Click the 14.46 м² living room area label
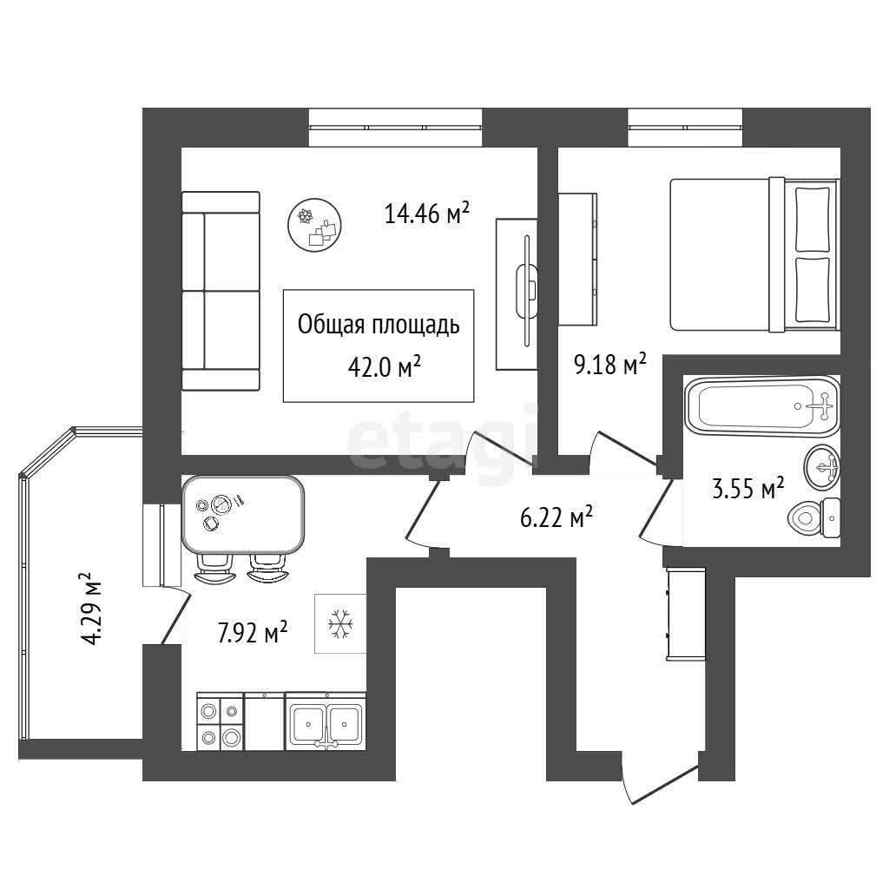pyautogui.click(x=427, y=214)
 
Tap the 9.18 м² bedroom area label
pyautogui.click(x=610, y=364)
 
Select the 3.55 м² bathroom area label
pyautogui.click(x=748, y=488)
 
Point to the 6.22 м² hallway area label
pyautogui.click(x=556, y=517)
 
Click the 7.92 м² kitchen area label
pyautogui.click(x=253, y=632)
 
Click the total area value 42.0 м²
pyautogui.click(x=384, y=368)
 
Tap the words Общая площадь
pyautogui.click(x=379, y=326)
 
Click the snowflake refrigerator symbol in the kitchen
pyautogui.click(x=340, y=623)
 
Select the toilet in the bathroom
pyautogui.click(x=813, y=517)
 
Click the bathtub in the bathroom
pyautogui.click(x=762, y=406)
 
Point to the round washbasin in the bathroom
pyautogui.click(x=822, y=467)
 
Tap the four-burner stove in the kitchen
pyautogui.click(x=220, y=721)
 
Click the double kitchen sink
pyautogui.click(x=326, y=721)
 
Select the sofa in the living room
pyautogui.click(x=221, y=292)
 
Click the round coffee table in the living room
pyautogui.click(x=315, y=225)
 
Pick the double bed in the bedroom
pyautogui.click(x=754, y=254)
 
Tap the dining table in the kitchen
pyautogui.click(x=243, y=515)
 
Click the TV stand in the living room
pyautogui.click(x=517, y=294)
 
